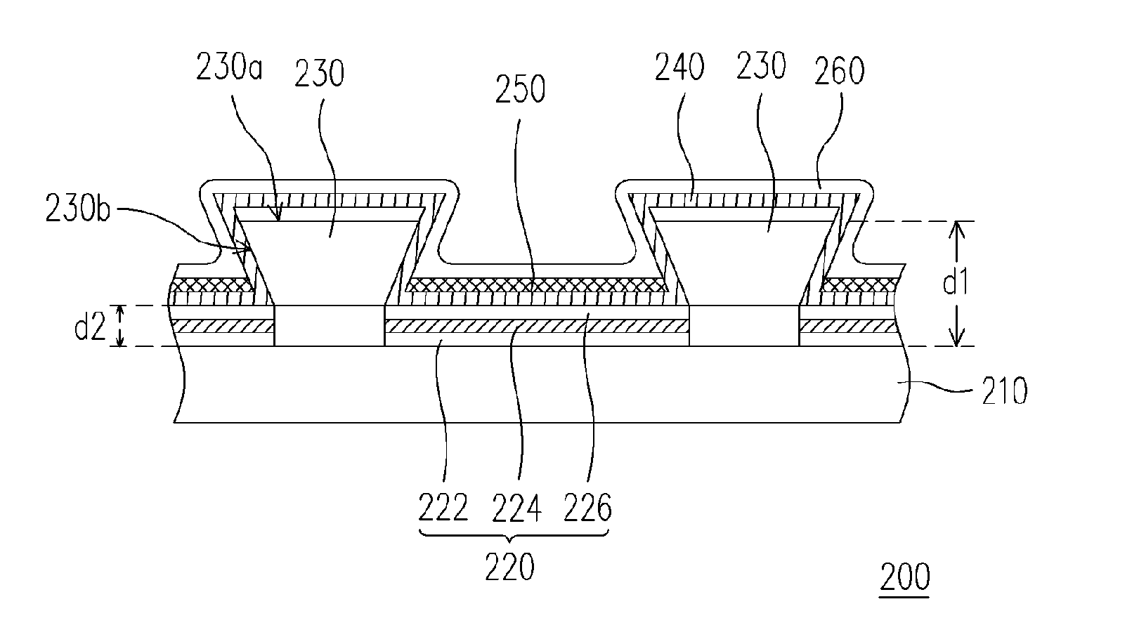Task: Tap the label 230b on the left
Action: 78,209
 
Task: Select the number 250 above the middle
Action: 520,89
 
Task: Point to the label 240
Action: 679,67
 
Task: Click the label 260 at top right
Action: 840,71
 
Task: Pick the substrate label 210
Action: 1004,390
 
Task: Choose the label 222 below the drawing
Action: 443,508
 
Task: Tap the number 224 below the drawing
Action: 516,508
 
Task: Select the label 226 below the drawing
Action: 587,508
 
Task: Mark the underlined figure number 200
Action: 905,577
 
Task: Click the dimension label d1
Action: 956,282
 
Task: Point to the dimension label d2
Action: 90,327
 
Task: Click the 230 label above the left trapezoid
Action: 319,73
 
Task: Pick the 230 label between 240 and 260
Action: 761,65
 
